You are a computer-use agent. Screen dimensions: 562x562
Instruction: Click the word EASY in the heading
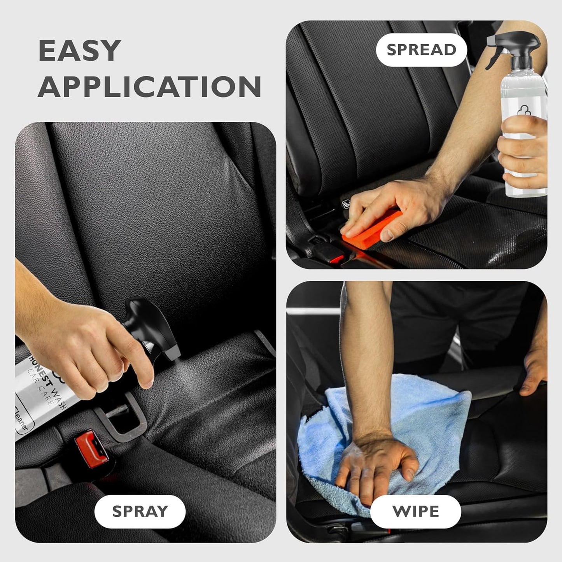80,51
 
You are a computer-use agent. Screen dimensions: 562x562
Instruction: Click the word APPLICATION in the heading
149,86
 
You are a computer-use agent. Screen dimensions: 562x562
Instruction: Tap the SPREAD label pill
421,50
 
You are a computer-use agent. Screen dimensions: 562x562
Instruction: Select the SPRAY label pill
140,511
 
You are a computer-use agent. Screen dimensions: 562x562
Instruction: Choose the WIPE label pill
415,511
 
